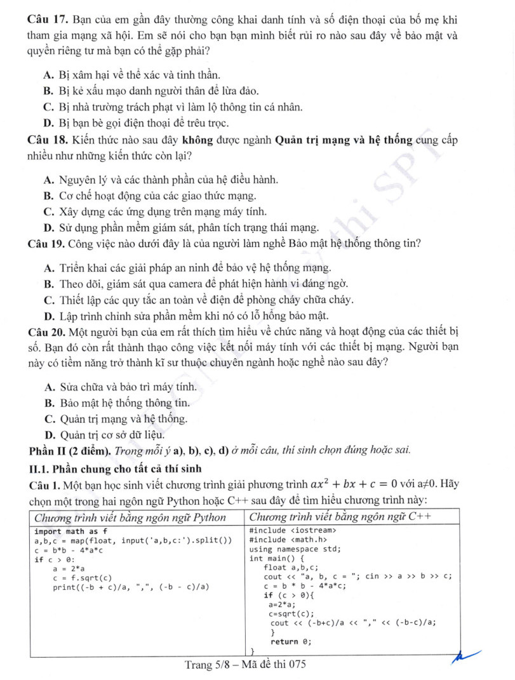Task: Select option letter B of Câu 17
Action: click(48, 91)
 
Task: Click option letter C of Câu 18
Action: click(48, 211)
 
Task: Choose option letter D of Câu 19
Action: click(48, 316)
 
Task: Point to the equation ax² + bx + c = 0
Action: click(363, 484)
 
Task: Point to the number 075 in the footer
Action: click(295, 665)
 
